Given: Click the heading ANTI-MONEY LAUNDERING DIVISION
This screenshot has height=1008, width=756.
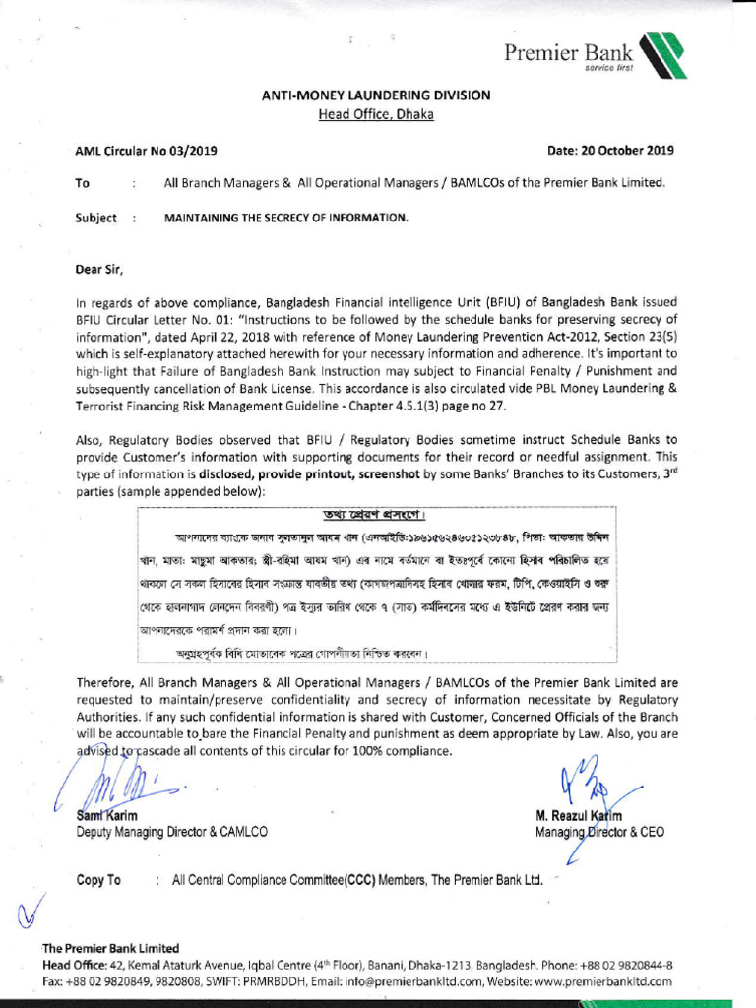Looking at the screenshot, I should point(375,95).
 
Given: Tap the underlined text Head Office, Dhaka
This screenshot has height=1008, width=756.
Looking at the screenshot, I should point(375,114).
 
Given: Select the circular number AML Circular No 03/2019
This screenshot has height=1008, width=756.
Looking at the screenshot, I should point(147,151).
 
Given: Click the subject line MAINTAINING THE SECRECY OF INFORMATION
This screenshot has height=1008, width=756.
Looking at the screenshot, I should point(285,218).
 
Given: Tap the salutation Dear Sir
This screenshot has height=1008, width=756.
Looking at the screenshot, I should point(100,268).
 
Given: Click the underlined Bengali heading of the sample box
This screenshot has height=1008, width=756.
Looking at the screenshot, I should point(374,517).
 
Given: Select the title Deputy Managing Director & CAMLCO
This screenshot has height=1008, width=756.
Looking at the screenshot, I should point(171,833).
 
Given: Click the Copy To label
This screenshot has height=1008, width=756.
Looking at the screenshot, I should point(98,880).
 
